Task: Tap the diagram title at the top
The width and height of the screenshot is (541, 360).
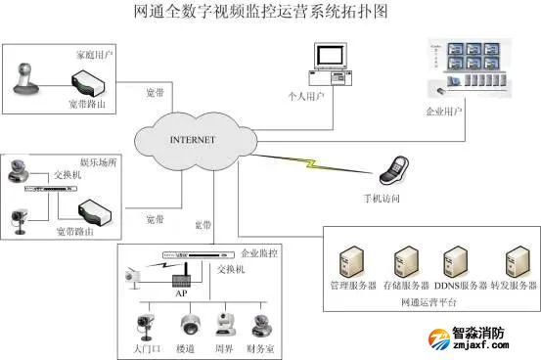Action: [x=259, y=13]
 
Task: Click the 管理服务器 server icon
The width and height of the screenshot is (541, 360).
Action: [x=345, y=263]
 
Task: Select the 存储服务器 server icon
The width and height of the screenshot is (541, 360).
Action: [x=402, y=263]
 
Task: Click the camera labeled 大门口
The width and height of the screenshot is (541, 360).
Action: [x=146, y=324]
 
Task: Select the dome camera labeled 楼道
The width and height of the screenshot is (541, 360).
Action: [x=188, y=324]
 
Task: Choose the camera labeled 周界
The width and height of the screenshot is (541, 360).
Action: [x=224, y=324]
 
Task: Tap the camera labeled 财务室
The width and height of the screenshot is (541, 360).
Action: [x=259, y=324]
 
